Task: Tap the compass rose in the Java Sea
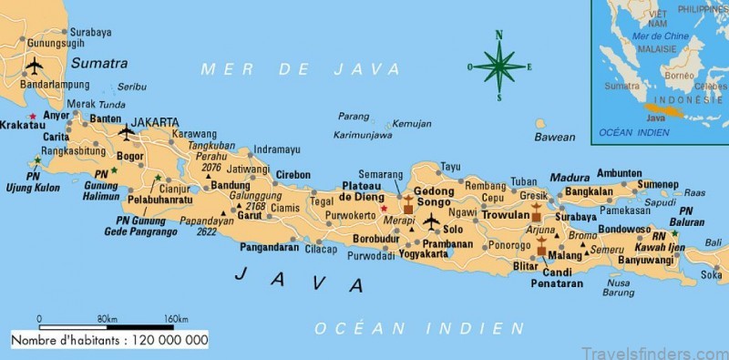point(498,66)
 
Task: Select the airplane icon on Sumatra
point(35,67)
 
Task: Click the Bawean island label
point(554,138)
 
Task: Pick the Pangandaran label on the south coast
point(271,248)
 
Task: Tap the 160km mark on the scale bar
point(175,319)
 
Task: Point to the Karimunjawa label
point(362,135)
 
